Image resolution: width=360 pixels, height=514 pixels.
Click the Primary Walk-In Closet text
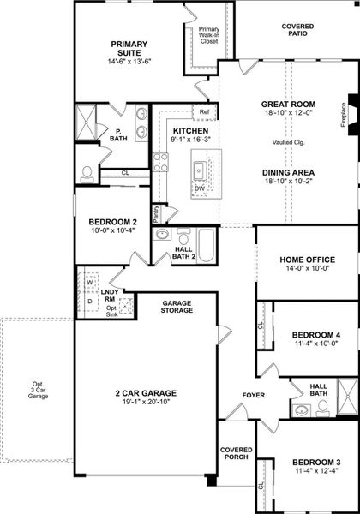207,35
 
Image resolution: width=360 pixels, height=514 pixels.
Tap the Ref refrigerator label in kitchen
204,112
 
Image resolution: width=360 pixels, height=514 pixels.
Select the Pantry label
156,212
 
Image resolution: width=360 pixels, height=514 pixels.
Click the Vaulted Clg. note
289,142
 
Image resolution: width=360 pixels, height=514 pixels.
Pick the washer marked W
88,280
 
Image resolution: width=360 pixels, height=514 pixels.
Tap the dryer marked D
88,301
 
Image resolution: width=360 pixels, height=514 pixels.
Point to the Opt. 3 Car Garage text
37,390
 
